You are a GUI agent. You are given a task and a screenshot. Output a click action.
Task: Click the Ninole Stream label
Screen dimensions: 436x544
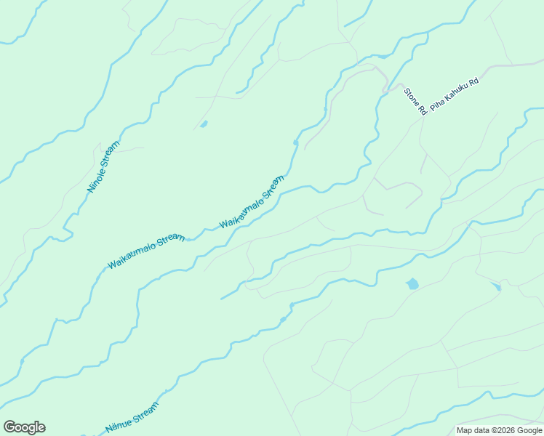coord(103,167)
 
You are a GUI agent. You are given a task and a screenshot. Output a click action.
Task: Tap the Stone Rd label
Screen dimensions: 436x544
coord(415,102)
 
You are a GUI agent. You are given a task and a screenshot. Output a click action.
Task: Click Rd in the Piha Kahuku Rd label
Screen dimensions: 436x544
coord(474,82)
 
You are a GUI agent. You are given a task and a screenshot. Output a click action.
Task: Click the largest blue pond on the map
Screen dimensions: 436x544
coord(412,283)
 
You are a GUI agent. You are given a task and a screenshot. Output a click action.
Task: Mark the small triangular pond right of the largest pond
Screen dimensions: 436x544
coord(497,287)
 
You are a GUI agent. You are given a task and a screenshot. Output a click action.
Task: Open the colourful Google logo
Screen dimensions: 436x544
coord(24,427)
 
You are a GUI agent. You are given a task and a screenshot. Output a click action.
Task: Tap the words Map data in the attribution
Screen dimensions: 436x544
coord(473,430)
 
